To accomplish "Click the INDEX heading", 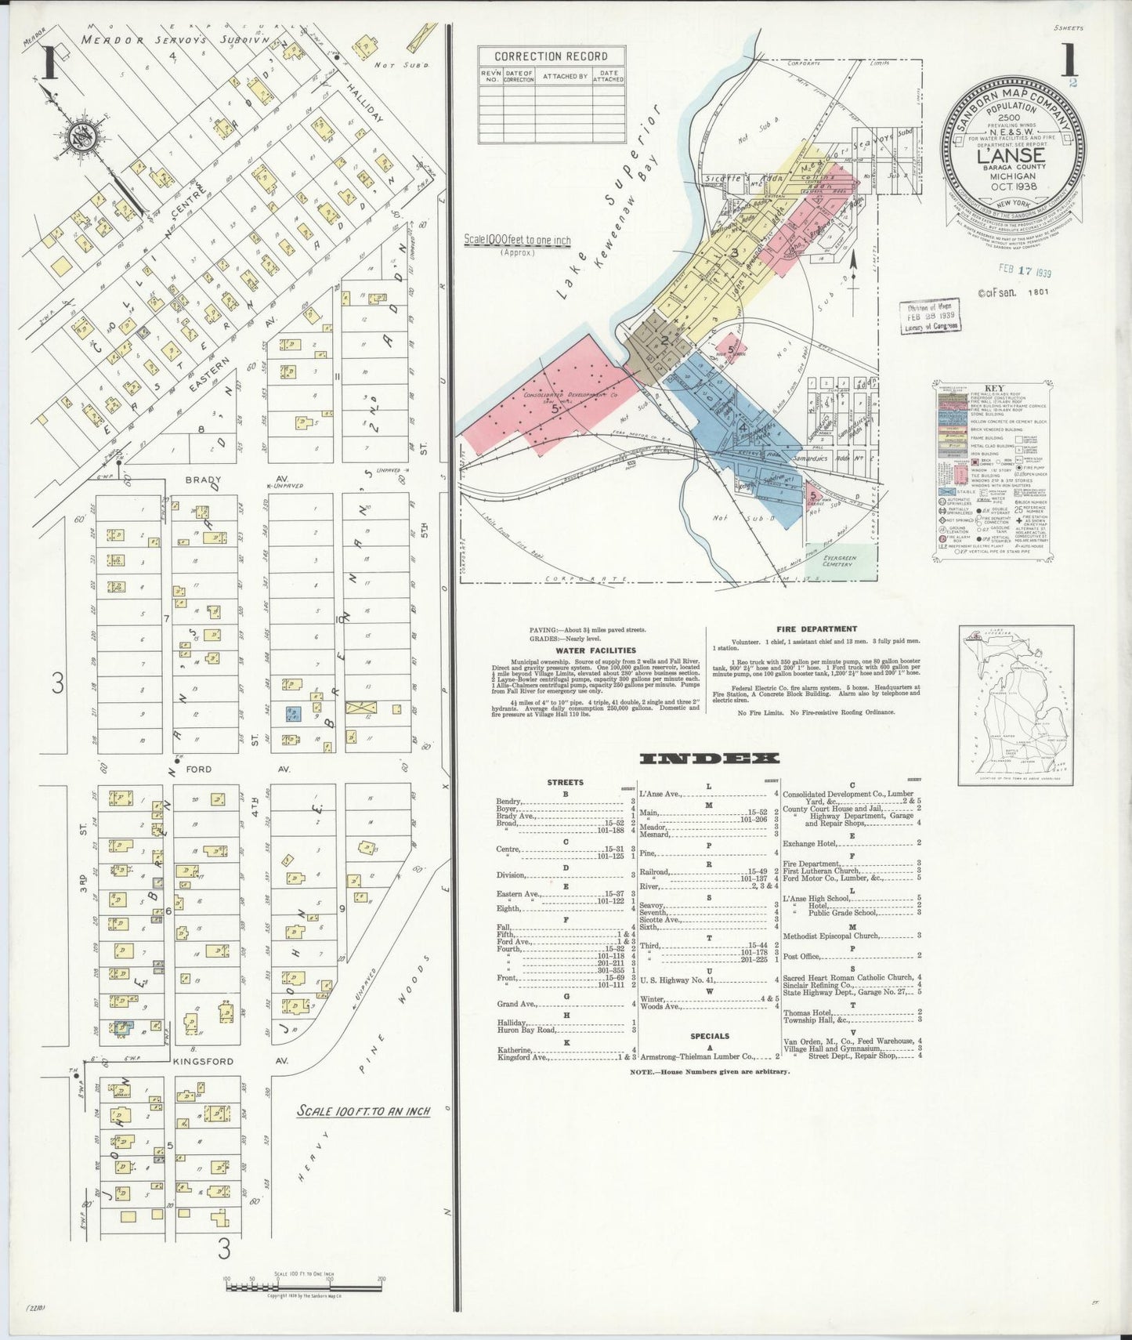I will point(710,758).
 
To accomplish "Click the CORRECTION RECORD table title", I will point(551,56).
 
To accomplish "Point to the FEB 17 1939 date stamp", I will point(1024,273).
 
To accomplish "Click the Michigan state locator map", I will point(1015,704).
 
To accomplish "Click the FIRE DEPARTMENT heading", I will point(816,628).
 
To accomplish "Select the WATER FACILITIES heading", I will point(595,650).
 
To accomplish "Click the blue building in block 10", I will point(294,714).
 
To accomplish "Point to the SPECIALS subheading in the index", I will point(710,1036).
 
